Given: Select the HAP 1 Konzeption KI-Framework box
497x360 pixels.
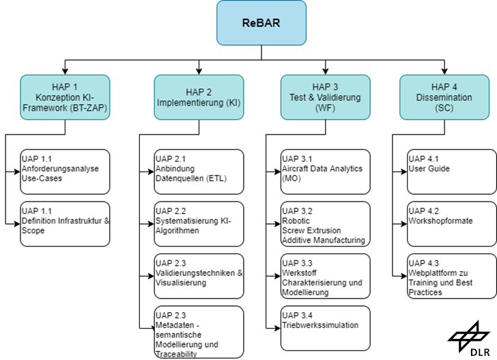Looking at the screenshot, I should click(x=65, y=97).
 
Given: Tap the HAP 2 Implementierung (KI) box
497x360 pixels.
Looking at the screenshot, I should click(x=199, y=97).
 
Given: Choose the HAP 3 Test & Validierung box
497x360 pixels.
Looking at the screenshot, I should click(x=326, y=97).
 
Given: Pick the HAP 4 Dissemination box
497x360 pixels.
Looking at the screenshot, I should click(x=444, y=97).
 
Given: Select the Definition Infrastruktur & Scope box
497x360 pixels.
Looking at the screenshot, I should click(x=65, y=223).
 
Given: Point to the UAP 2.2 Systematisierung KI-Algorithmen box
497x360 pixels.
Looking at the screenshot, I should click(x=199, y=223).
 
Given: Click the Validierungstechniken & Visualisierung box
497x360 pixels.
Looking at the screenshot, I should click(x=199, y=276).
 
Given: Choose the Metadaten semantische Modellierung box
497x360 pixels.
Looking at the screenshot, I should click(x=199, y=331).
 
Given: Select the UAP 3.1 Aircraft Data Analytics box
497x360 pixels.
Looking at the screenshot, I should click(x=326, y=171).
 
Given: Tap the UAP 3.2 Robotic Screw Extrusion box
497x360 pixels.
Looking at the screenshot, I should click(x=326, y=223).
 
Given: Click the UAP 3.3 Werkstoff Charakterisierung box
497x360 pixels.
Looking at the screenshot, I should click(x=326, y=276).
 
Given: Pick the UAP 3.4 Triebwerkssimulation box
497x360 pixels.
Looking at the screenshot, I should click(x=326, y=331).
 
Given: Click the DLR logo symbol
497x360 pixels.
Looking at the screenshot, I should click(x=468, y=335).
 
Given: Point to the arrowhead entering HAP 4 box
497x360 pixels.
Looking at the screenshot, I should click(x=444, y=71).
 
